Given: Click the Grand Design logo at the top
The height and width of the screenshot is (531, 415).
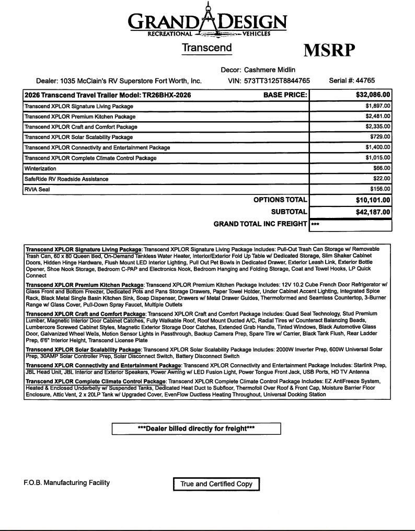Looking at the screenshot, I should (x=208, y=21).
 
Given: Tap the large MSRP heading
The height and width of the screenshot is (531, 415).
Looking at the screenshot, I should (x=329, y=50).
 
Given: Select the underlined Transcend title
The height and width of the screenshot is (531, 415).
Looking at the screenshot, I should (x=207, y=48).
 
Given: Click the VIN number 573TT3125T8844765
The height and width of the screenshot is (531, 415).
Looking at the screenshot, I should (x=276, y=81).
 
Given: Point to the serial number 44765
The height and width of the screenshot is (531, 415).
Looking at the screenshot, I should (x=365, y=80).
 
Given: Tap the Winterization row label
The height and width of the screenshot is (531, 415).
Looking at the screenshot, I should (x=40, y=169).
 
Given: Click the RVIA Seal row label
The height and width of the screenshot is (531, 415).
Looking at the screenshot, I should (x=37, y=189).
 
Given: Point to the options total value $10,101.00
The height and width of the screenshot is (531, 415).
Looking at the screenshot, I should (x=370, y=200).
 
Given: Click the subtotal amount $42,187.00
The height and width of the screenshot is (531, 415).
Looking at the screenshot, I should (x=370, y=212).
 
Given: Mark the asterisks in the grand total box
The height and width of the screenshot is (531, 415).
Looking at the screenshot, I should (x=315, y=225).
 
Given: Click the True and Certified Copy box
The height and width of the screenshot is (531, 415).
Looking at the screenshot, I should (x=216, y=484).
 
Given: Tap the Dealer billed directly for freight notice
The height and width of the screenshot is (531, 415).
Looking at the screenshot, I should (x=196, y=429).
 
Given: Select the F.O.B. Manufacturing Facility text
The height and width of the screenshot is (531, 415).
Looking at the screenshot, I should (x=67, y=483).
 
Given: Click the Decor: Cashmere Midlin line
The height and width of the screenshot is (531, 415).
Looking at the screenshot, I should (x=258, y=70).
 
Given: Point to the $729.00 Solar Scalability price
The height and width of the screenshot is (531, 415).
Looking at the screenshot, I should (x=380, y=137).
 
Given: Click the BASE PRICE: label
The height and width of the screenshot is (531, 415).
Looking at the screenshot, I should (x=285, y=95).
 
